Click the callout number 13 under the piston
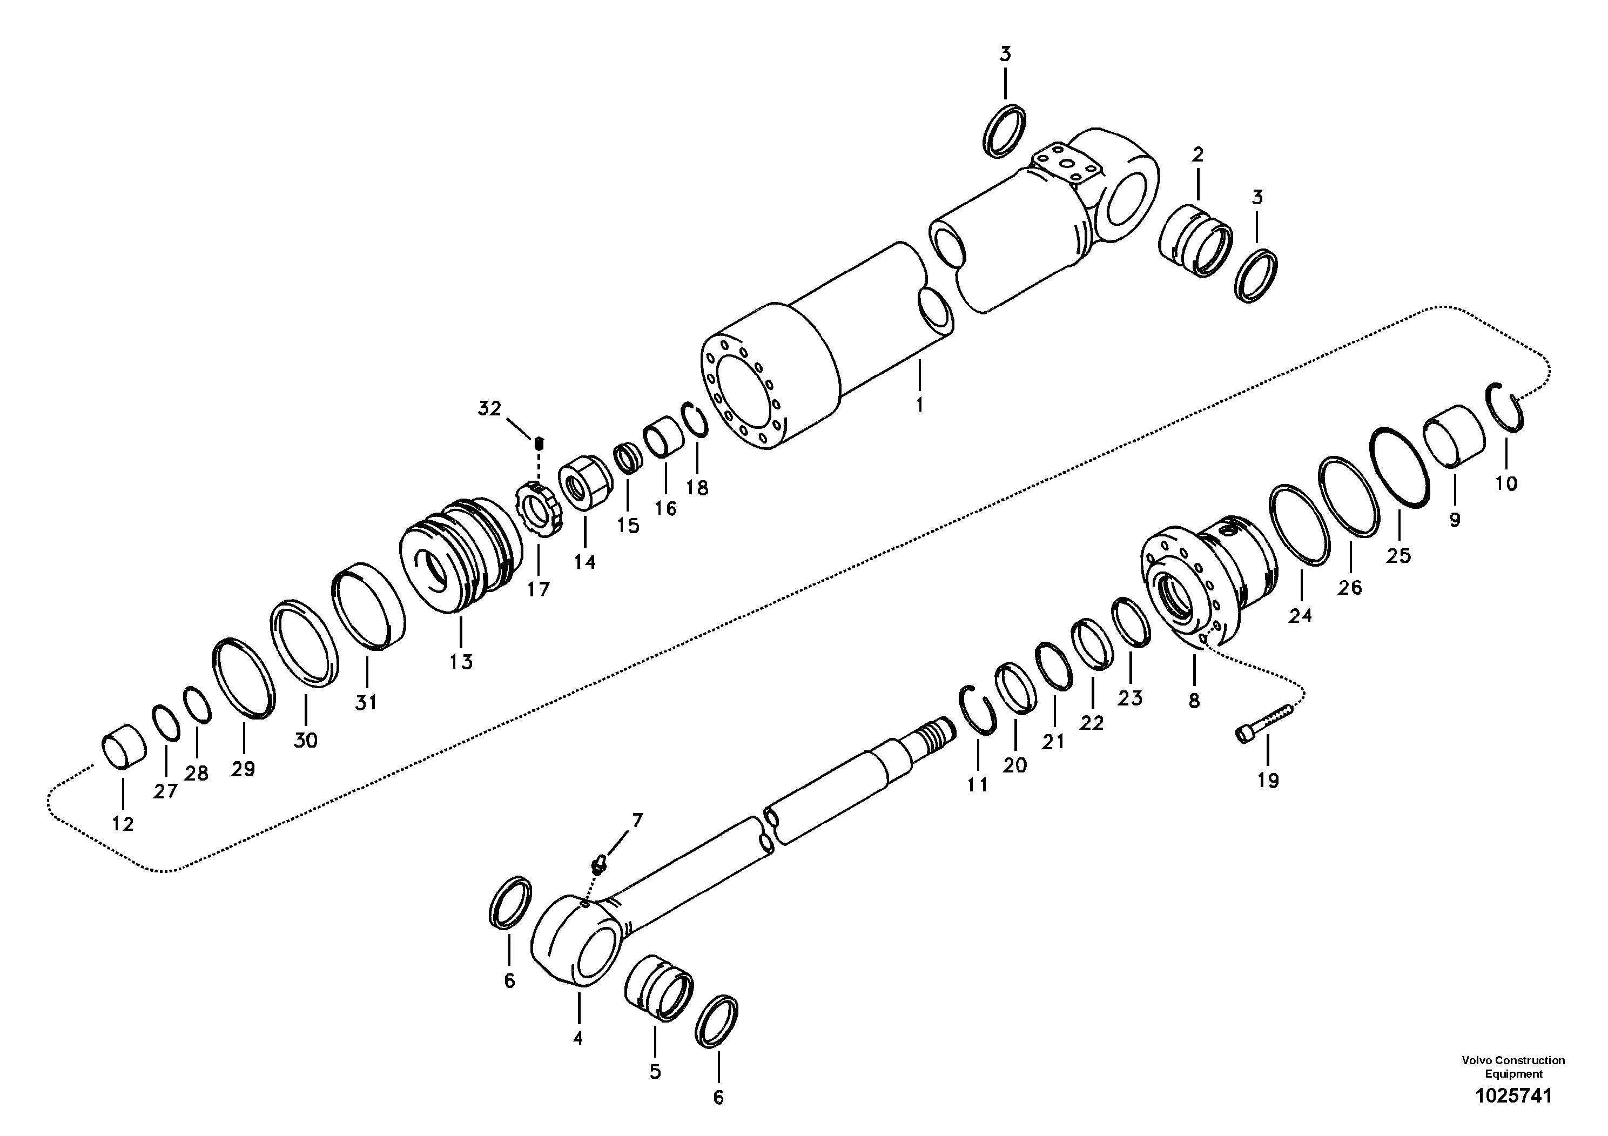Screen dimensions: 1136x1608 click(x=461, y=661)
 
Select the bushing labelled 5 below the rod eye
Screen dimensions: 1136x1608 click(x=658, y=987)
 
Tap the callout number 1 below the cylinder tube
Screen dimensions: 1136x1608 click(x=919, y=404)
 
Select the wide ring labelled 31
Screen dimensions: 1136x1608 click(x=368, y=607)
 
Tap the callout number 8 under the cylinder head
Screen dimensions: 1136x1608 click(x=1194, y=701)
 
